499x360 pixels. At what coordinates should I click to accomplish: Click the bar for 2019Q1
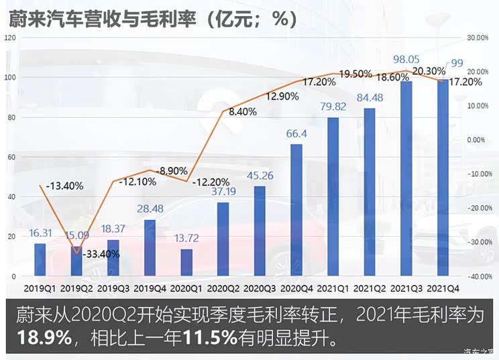click(40, 259)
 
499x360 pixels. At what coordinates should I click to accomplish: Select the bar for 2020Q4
click(296, 210)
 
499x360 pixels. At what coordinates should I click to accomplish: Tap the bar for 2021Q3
click(406, 178)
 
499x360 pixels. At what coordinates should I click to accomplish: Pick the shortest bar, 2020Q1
click(186, 262)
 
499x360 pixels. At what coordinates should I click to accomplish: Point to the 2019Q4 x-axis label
click(150, 288)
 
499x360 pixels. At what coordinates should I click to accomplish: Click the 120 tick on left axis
click(9, 38)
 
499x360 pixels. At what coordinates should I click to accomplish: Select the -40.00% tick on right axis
click(478, 276)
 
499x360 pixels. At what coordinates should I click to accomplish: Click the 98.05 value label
click(406, 59)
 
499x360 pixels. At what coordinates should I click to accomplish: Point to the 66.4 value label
click(296, 133)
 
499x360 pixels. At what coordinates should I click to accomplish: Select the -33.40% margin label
click(101, 254)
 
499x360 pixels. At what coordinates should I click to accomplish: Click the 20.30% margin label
click(429, 71)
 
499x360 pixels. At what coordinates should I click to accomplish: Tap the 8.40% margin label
click(243, 112)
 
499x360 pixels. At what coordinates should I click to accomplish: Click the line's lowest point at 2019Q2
click(76, 253)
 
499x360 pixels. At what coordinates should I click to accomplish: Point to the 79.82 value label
click(333, 106)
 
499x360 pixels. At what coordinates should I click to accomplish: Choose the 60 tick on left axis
click(11, 157)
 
